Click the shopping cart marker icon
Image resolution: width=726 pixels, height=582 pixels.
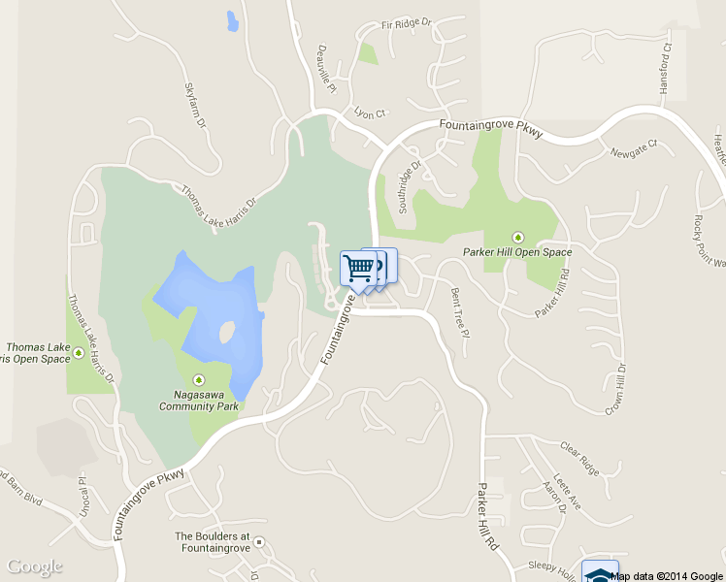358,268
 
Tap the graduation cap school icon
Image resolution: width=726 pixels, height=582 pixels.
600,573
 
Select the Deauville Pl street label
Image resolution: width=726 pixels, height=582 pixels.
327,69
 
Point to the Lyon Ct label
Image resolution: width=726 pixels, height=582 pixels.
370,113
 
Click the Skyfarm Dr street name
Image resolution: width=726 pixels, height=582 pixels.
195,106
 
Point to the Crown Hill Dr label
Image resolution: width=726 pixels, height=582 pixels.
614,389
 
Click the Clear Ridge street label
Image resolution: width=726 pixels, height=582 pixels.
581,457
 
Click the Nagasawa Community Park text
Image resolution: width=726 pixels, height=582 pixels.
199,400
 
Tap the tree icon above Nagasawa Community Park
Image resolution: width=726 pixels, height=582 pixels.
200,379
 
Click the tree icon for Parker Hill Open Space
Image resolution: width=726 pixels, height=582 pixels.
517,237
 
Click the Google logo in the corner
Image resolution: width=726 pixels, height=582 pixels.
35,566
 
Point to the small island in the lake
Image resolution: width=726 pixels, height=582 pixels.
226,333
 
